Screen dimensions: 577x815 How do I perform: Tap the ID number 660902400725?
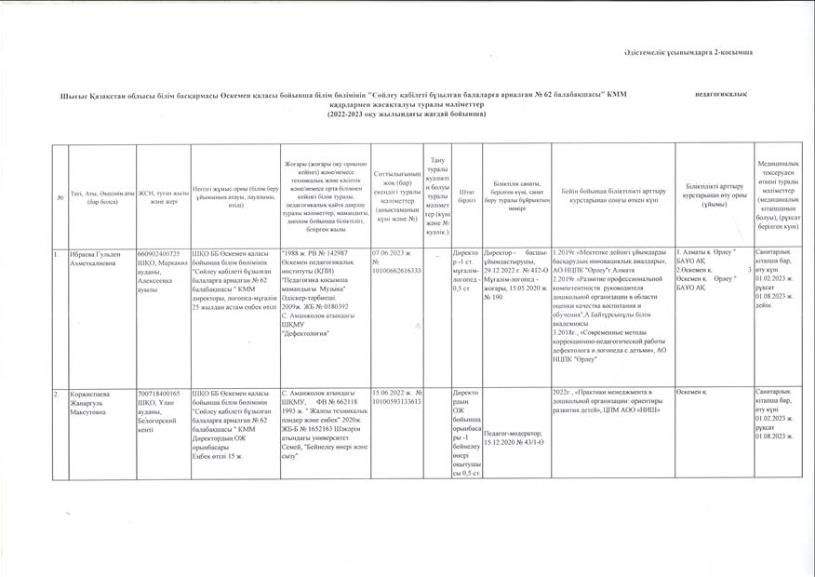coord(157,253)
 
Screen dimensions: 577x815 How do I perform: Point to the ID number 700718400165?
coord(157,394)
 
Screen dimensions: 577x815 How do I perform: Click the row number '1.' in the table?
coord(57,253)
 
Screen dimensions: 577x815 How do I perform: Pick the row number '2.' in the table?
coord(57,394)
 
